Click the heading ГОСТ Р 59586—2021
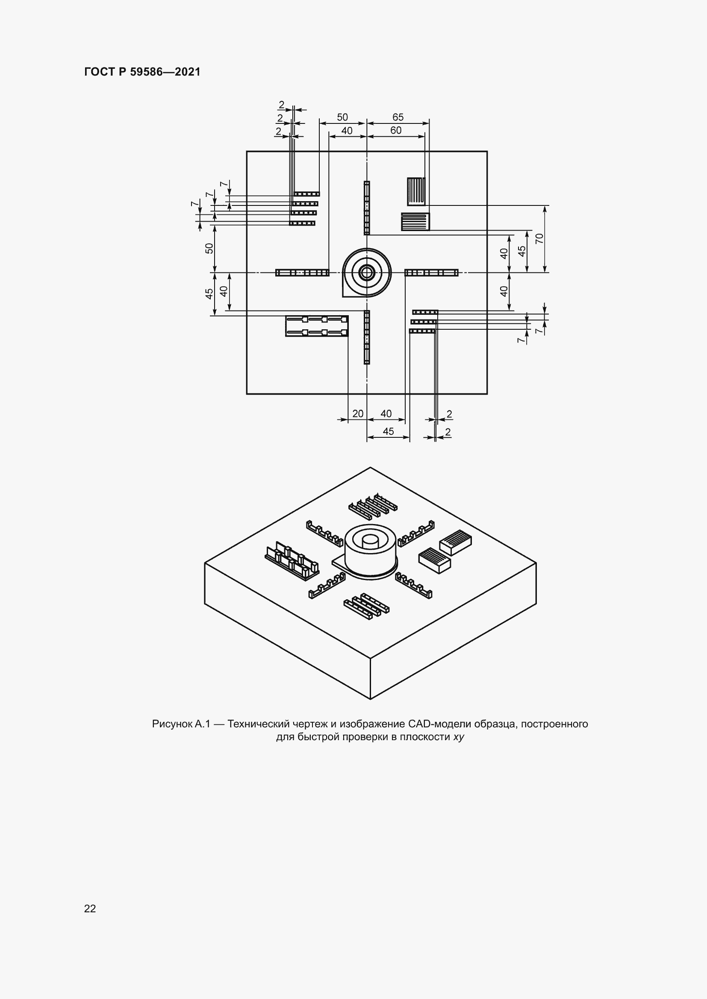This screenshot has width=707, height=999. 142,72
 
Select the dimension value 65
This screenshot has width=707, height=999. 398,117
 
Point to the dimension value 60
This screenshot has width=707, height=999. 396,131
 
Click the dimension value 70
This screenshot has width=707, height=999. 539,238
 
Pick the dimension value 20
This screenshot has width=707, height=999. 358,414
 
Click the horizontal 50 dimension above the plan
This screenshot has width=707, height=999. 343,117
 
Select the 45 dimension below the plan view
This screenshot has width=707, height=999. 388,431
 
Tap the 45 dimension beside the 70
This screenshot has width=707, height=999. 521,251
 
